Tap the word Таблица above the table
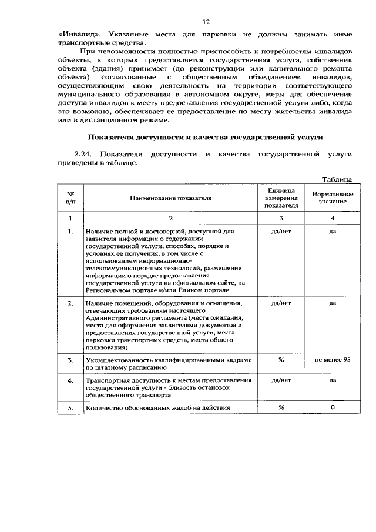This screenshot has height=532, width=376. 337,179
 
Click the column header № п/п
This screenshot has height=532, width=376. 70,198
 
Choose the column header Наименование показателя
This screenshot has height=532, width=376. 170,198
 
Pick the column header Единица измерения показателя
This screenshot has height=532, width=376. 281,198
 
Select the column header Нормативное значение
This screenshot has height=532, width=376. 332,198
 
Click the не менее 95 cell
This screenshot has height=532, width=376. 332,360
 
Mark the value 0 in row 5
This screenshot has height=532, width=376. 332,407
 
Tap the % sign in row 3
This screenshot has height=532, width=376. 281,360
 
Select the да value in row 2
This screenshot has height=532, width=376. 332,303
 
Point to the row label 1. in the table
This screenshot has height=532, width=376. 70,232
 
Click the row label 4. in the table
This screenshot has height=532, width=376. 70,380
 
